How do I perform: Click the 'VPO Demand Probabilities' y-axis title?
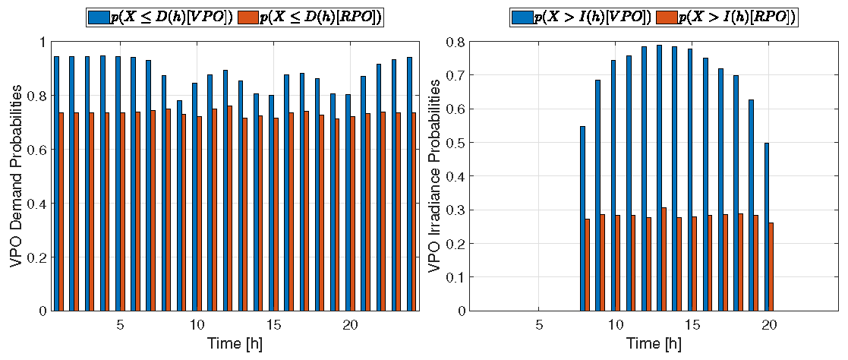coord(16,176)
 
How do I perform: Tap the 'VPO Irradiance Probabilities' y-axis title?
coord(434,176)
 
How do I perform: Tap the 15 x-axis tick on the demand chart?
coord(274,325)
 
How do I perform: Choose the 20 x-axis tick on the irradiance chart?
coord(769,325)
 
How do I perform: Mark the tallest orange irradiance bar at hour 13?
coord(664,259)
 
